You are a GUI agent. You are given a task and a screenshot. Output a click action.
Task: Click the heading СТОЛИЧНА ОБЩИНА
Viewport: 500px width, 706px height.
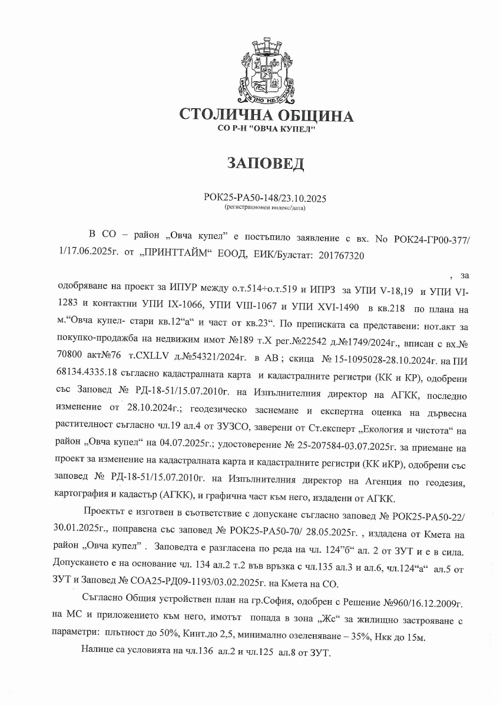267,115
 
